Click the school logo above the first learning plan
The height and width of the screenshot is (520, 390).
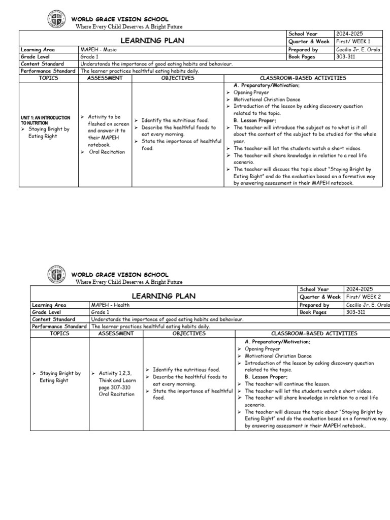[x=54, y=20]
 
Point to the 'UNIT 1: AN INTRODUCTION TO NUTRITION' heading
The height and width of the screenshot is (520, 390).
[x=45, y=120]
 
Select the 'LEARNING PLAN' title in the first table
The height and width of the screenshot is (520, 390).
[x=152, y=40]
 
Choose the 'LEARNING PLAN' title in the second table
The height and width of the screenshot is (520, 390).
[x=163, y=296]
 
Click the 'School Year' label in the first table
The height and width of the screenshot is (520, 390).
[x=303, y=34]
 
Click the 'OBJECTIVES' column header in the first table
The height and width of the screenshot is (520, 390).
[x=178, y=78]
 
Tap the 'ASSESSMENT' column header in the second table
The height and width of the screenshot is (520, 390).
[x=116, y=334]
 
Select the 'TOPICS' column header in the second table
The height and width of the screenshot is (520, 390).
[x=59, y=334]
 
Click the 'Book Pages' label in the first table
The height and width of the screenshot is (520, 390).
[x=302, y=57]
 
